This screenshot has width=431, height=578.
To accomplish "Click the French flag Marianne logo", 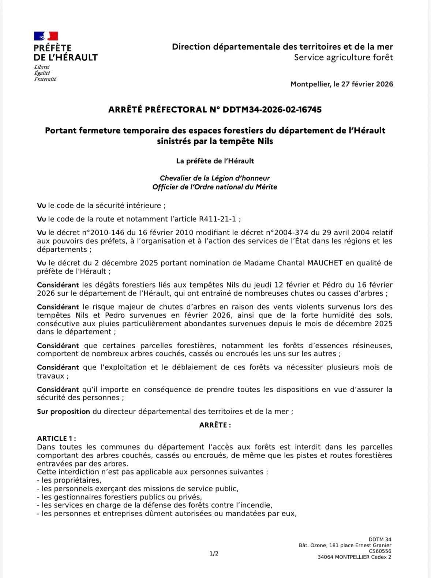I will pyautogui.click(x=46, y=36).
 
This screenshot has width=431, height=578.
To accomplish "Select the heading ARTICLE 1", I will pyautogui.click(x=56, y=439).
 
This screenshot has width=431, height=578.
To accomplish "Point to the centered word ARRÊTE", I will pyautogui.click(x=215, y=425).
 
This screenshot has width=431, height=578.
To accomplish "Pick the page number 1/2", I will pyautogui.click(x=214, y=553).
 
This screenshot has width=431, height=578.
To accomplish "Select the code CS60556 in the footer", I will pyautogui.click(x=380, y=551).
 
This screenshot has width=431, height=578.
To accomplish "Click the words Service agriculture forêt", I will pyautogui.click(x=344, y=57).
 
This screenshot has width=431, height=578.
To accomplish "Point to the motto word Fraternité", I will pyautogui.click(x=45, y=79).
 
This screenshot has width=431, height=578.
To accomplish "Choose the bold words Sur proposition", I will pyautogui.click(x=63, y=412).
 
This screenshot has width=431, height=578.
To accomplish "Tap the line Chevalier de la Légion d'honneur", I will pyautogui.click(x=215, y=179).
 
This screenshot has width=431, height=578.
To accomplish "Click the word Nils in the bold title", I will pyautogui.click(x=263, y=141).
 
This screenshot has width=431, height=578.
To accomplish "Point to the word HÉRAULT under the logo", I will pyautogui.click(x=77, y=57).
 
